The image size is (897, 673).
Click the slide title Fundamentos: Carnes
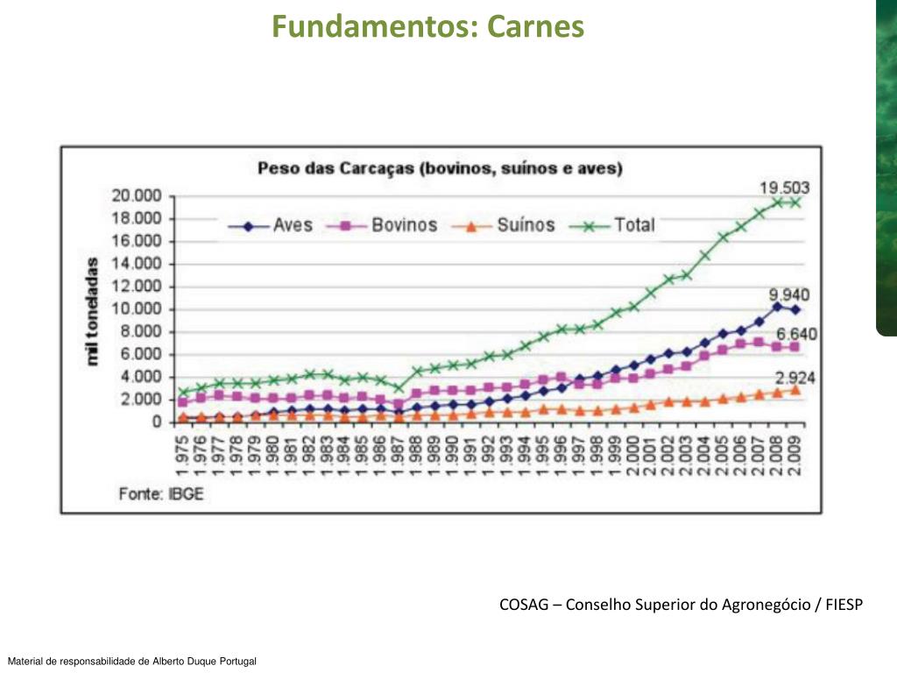coord(427,26)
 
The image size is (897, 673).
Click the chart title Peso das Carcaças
coord(440,167)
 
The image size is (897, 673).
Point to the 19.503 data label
coord(784,187)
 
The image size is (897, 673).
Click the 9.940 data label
coord(788,294)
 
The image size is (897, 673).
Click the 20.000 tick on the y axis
coord(136,195)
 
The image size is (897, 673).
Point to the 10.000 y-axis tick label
coord(136,309)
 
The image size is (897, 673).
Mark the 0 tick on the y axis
coord(156,422)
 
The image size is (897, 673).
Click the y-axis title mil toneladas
coord(93,311)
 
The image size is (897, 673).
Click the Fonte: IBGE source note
coord(161,493)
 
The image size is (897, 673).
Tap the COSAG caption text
coord(681,605)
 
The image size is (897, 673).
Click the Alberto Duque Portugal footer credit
coord(131,661)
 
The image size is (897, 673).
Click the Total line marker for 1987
coord(399,387)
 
